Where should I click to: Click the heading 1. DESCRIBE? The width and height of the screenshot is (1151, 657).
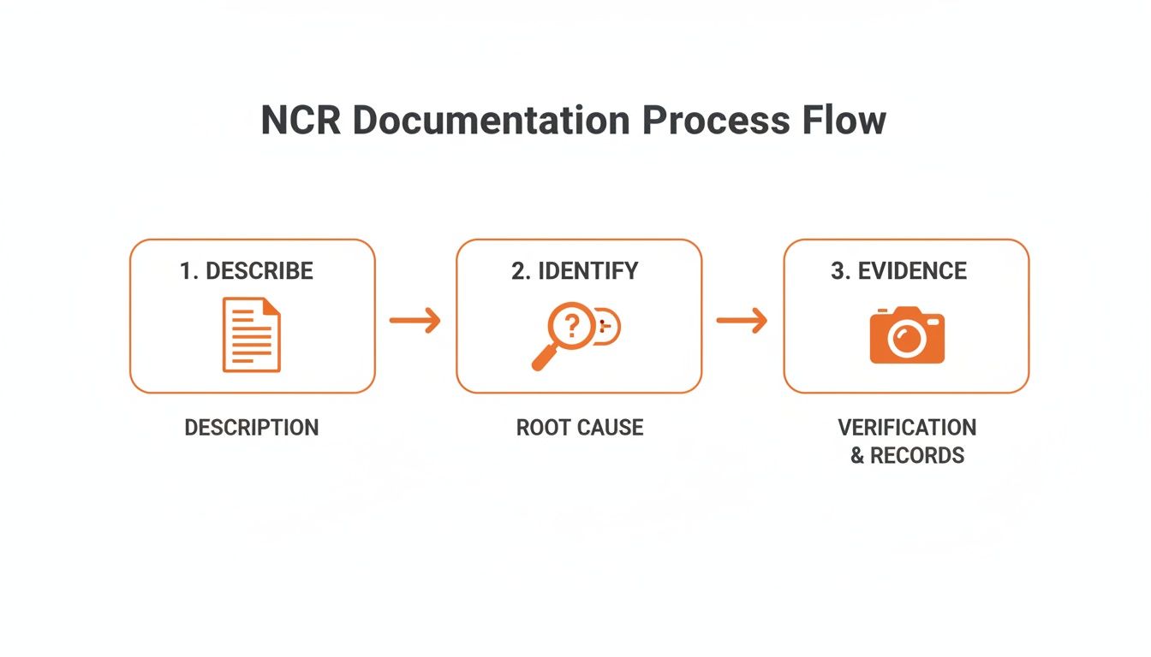[247, 271]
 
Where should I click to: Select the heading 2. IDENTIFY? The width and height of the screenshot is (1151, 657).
[575, 271]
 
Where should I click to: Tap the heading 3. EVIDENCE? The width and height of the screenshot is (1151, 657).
[898, 271]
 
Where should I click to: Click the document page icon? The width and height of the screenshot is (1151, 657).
[251, 334]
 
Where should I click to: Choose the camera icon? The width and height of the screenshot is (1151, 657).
[906, 335]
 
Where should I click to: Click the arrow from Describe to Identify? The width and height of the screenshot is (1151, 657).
[415, 321]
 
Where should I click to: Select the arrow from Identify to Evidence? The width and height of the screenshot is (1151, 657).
[742, 321]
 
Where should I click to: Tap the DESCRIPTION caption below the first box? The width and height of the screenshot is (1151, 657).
[251, 428]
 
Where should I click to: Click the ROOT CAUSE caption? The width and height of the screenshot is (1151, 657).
[579, 428]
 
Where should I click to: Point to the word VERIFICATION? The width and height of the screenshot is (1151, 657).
[907, 427]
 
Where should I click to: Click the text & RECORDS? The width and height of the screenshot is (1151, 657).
[907, 456]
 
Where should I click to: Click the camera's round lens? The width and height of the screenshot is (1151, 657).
[905, 340]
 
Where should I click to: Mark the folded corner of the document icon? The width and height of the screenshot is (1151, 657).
[271, 306]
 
